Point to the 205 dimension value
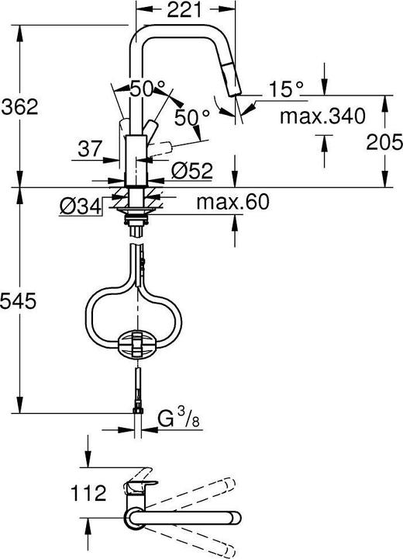coord(385,141)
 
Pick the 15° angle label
coord(286,90)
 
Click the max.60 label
coord(232,203)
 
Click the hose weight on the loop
coord(135,342)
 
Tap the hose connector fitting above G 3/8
coord(137,409)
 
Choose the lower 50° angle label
coord(191,117)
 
